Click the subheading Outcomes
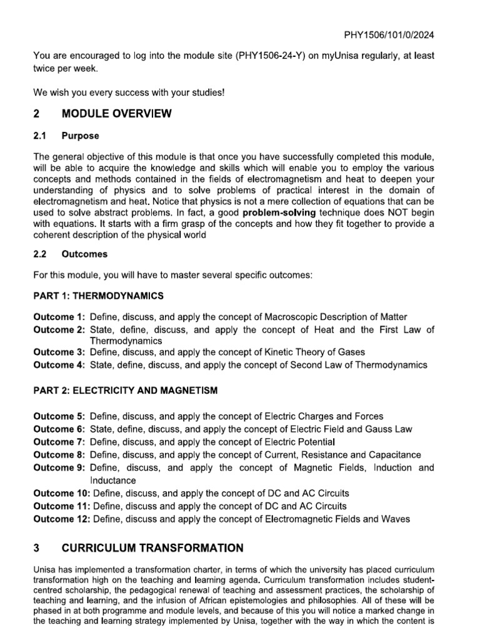click(x=84, y=254)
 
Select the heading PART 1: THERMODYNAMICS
click(x=98, y=295)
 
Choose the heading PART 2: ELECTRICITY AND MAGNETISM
click(x=125, y=391)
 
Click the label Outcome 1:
click(x=59, y=317)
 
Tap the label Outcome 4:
click(x=59, y=365)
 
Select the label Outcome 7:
click(x=59, y=442)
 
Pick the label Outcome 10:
click(x=61, y=493)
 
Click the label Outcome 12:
click(x=61, y=519)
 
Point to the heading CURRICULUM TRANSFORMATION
click(x=152, y=548)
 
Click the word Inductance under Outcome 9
click(x=113, y=480)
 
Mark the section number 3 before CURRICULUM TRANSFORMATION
click(x=36, y=548)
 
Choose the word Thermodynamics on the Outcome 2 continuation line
click(x=126, y=341)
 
